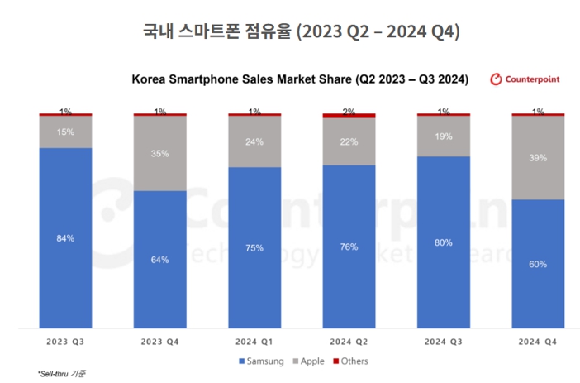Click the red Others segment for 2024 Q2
coord(349,116)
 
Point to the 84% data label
coord(65,238)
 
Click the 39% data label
coord(538,158)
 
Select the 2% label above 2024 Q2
coord(349,111)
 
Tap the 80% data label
coord(444,242)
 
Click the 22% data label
coord(349,141)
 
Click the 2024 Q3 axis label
coord(444,341)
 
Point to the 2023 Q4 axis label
coord(159,341)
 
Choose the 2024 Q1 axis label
coord(254,341)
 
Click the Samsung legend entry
coord(263,361)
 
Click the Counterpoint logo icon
coord(497,79)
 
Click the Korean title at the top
coord(289,32)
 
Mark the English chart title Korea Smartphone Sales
coord(300,79)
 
